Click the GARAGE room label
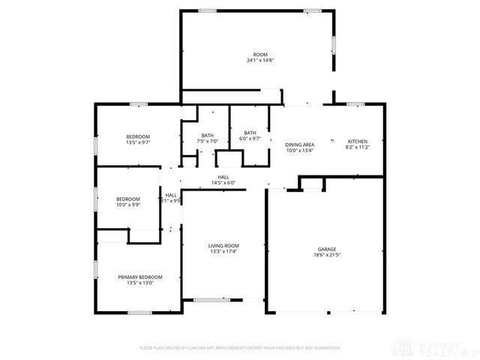click(327, 248)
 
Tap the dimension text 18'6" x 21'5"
click(327, 255)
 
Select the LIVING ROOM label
click(223, 245)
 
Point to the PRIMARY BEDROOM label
click(140, 277)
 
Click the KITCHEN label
click(357, 142)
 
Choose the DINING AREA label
click(299, 144)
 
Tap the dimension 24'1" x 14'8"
click(260, 60)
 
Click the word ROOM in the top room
click(260, 54)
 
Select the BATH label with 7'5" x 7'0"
click(207, 135)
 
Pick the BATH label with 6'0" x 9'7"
click(250, 133)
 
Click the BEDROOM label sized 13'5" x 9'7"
click(138, 136)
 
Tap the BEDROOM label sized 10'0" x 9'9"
click(128, 199)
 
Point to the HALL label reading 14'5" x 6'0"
click(223, 177)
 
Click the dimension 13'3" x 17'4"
click(223, 252)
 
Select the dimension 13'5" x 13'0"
click(140, 283)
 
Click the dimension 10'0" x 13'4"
click(299, 151)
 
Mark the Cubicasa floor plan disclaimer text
click(240, 348)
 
